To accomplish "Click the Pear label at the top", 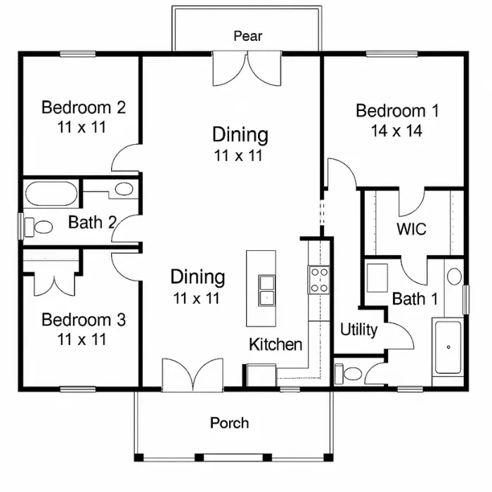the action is (247, 36).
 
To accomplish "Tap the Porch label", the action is (229, 422).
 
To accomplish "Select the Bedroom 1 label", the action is (397, 111).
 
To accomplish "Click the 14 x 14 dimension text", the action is (396, 131).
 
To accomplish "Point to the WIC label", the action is (411, 228).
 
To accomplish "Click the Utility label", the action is (359, 330).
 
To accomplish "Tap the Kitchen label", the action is (276, 344).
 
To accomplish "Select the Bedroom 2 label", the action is (84, 108).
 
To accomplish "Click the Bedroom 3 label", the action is (84, 320).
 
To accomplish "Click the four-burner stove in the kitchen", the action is (318, 280).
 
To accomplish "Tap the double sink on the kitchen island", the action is (266, 290).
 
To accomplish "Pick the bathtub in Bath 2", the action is (51, 193).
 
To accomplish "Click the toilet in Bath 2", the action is (38, 227).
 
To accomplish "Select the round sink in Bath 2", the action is (124, 189).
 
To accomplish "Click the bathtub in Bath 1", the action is (448, 347).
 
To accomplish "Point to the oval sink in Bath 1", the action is (454, 276).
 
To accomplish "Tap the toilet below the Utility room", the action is (349, 374).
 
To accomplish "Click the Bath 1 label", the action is (415, 299).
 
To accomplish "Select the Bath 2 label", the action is (92, 222).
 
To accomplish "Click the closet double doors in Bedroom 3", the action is (55, 285).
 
